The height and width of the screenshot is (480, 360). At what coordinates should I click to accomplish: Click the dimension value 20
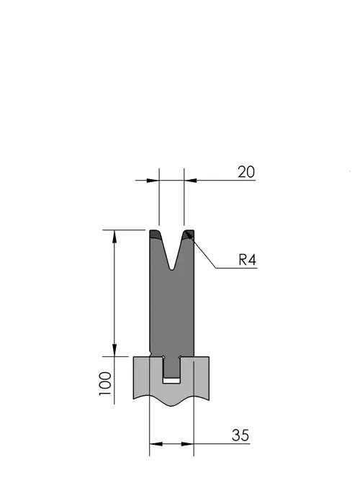246,172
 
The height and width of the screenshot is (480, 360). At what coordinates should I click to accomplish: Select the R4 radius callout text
247,260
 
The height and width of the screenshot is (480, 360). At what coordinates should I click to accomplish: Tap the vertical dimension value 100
105,384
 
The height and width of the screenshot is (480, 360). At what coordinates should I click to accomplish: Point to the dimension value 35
240,435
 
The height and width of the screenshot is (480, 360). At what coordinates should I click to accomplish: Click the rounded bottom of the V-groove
172,268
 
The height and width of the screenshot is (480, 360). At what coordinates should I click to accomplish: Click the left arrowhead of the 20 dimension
153,181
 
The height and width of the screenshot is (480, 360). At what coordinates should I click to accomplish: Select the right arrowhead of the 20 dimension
190,181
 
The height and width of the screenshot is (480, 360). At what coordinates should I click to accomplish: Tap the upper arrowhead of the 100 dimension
114,236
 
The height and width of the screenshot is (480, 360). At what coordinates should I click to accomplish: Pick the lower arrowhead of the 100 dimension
114,350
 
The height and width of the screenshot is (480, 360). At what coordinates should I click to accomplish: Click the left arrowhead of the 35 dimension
156,443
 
